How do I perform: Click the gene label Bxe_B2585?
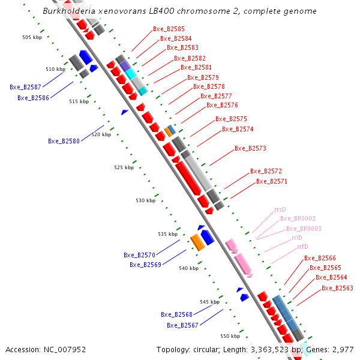[x=169, y=29]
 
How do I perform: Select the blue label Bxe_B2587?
[x=25, y=87]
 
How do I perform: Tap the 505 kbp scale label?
[x=32, y=37]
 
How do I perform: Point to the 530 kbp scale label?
[x=145, y=200]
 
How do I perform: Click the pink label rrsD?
[x=280, y=210]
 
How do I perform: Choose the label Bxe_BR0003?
[x=304, y=229]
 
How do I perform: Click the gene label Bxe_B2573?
[x=250, y=148]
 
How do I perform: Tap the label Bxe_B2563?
[x=337, y=288]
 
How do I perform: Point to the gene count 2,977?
[x=343, y=349]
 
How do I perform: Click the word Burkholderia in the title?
[x=68, y=11]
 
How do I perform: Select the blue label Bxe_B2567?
[x=182, y=325]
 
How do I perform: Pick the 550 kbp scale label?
[x=230, y=336]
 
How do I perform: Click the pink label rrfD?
[x=301, y=247]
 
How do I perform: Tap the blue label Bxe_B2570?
[x=139, y=255]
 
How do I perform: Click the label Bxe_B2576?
[x=222, y=105]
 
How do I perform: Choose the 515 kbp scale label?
[x=79, y=101]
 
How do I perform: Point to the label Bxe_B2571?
[x=272, y=181]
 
